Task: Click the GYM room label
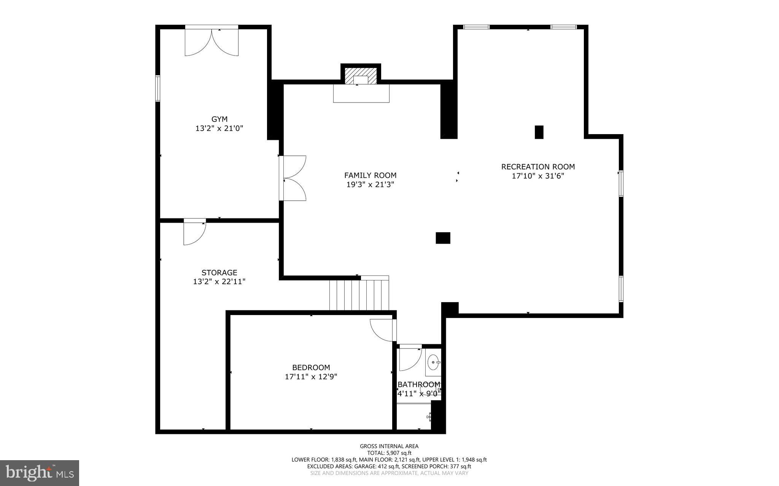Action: (219, 119)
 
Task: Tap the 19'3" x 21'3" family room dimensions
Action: (370, 185)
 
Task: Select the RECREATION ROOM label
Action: (538, 167)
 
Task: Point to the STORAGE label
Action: (219, 272)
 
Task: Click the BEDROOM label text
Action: (311, 367)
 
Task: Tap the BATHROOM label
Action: (419, 385)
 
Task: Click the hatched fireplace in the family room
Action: (361, 75)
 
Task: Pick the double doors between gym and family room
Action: (294, 178)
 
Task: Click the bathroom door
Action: (410, 359)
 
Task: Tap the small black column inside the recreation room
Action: (539, 132)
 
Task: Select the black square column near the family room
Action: (443, 238)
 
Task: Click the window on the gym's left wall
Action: (157, 88)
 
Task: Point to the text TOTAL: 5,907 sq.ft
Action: (389, 453)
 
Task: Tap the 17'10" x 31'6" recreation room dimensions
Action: (538, 176)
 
